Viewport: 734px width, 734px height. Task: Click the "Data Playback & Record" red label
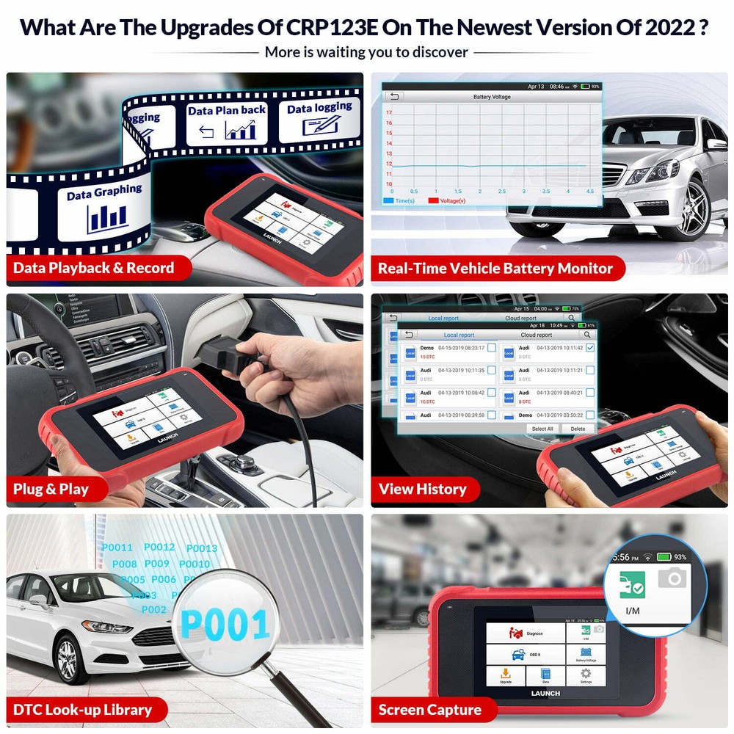(94, 268)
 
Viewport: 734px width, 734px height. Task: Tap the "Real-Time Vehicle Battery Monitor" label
(495, 268)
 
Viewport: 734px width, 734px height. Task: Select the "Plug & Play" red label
(51, 489)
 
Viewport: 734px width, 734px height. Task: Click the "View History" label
(422, 489)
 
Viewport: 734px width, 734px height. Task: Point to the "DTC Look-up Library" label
(82, 710)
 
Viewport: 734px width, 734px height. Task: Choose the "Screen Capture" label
(429, 710)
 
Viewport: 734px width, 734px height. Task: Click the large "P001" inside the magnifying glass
(225, 625)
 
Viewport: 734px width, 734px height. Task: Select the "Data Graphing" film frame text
(104, 193)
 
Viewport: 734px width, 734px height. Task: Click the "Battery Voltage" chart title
(492, 97)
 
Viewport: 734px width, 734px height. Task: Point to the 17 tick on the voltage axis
(389, 112)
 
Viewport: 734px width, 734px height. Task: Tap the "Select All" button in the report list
(542, 429)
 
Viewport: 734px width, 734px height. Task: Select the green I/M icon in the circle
(632, 586)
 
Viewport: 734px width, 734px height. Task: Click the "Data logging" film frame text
(319, 108)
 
